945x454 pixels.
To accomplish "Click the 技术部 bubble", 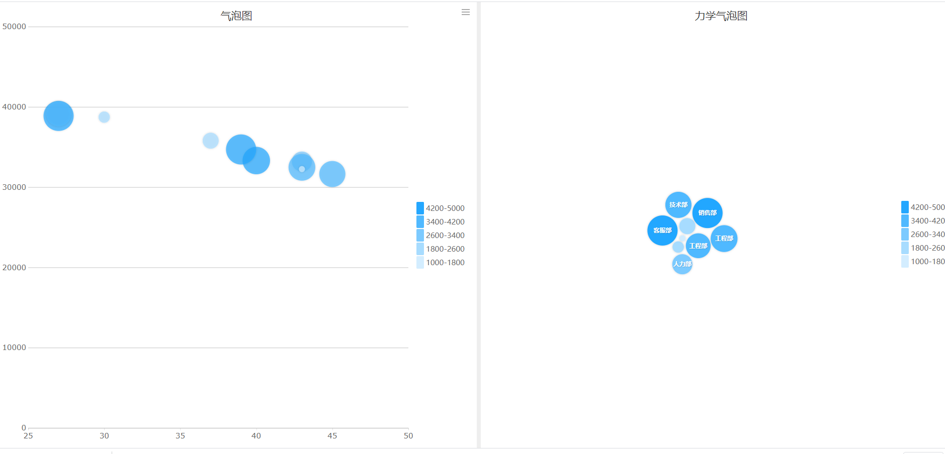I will [678, 204].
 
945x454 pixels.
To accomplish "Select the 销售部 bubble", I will [707, 212].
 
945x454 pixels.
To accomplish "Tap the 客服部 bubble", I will [662, 231].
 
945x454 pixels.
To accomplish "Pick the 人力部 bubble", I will [682, 264].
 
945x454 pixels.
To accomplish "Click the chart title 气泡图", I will [236, 16].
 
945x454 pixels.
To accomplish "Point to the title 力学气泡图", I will [721, 16].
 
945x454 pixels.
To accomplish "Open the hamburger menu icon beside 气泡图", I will [466, 12].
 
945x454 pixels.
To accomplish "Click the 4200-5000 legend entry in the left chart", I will [441, 208].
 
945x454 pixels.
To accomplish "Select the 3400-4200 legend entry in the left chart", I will [441, 222].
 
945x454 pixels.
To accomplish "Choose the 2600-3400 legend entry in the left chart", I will [441, 236].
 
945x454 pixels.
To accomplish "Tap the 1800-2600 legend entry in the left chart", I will [441, 249].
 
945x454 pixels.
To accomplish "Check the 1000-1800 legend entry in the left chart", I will [441, 263].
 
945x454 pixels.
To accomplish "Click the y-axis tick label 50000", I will [14, 27].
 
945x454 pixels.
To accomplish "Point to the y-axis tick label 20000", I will [14, 268].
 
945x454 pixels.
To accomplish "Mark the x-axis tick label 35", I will [180, 436].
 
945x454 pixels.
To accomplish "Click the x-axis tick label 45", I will [332, 436].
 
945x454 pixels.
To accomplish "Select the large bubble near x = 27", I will [58, 116].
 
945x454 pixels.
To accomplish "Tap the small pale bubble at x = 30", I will [104, 117].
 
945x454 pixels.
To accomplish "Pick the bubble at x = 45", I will [332, 174].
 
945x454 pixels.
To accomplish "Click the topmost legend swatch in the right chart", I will [905, 207].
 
